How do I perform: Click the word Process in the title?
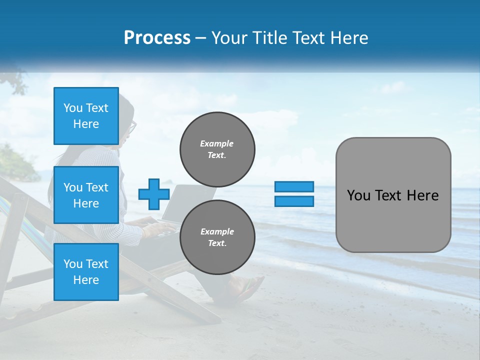coord(157,38)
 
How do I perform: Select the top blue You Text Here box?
coord(86,116)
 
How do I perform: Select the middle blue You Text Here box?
coord(86,195)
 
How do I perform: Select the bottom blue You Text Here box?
coord(86,271)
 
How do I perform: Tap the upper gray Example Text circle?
coord(217,149)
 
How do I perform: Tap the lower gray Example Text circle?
coord(217,237)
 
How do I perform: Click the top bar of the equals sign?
coord(294,186)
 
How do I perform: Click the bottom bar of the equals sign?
coord(294,201)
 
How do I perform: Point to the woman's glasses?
coord(132,128)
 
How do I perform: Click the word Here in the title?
coord(349,38)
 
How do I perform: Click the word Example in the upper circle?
coord(217,143)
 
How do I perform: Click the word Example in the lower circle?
coord(217,231)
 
